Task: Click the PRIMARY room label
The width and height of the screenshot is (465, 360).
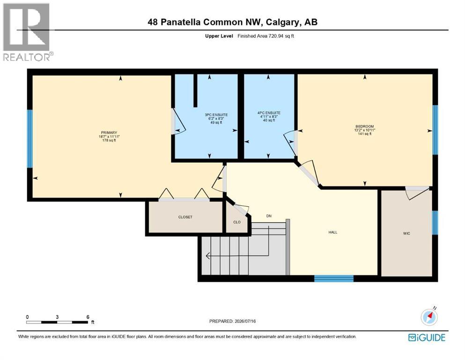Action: [109, 133]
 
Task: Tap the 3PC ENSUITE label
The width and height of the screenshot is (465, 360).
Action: [216, 115]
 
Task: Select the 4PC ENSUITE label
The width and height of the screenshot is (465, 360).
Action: [269, 113]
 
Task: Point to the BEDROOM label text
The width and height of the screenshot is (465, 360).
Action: [364, 127]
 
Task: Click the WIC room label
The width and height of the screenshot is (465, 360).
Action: [406, 233]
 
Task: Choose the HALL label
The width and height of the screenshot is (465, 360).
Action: [333, 232]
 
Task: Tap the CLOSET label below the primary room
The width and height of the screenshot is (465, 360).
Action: [185, 217]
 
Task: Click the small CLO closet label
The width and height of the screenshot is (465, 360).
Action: [237, 222]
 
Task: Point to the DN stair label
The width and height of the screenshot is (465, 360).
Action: [269, 216]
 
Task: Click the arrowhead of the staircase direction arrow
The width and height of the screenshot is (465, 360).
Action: [207, 255]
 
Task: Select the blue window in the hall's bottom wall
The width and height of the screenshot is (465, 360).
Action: [334, 279]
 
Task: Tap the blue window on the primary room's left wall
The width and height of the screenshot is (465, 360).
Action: [30, 139]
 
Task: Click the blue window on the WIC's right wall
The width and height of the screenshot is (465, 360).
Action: [435, 223]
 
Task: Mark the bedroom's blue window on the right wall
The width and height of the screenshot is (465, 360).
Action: [435, 130]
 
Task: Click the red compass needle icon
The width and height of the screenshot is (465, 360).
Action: [429, 317]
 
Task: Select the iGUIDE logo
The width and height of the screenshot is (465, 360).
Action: [427, 338]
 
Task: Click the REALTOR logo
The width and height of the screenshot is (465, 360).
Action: [28, 32]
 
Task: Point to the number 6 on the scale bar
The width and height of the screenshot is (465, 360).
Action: [88, 317]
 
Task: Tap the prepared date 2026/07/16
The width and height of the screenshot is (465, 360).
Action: [245, 321]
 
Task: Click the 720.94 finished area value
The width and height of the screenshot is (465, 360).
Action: [276, 36]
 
